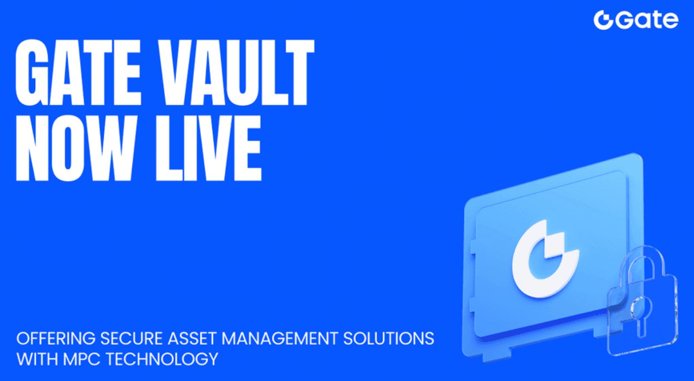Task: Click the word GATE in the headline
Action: [78, 73]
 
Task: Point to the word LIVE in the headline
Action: [209, 148]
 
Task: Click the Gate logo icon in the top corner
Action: [603, 20]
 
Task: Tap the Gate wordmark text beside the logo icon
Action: [646, 20]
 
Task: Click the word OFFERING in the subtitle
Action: [56, 338]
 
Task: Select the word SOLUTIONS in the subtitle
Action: [389, 338]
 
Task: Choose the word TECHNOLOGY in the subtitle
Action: [162, 359]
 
